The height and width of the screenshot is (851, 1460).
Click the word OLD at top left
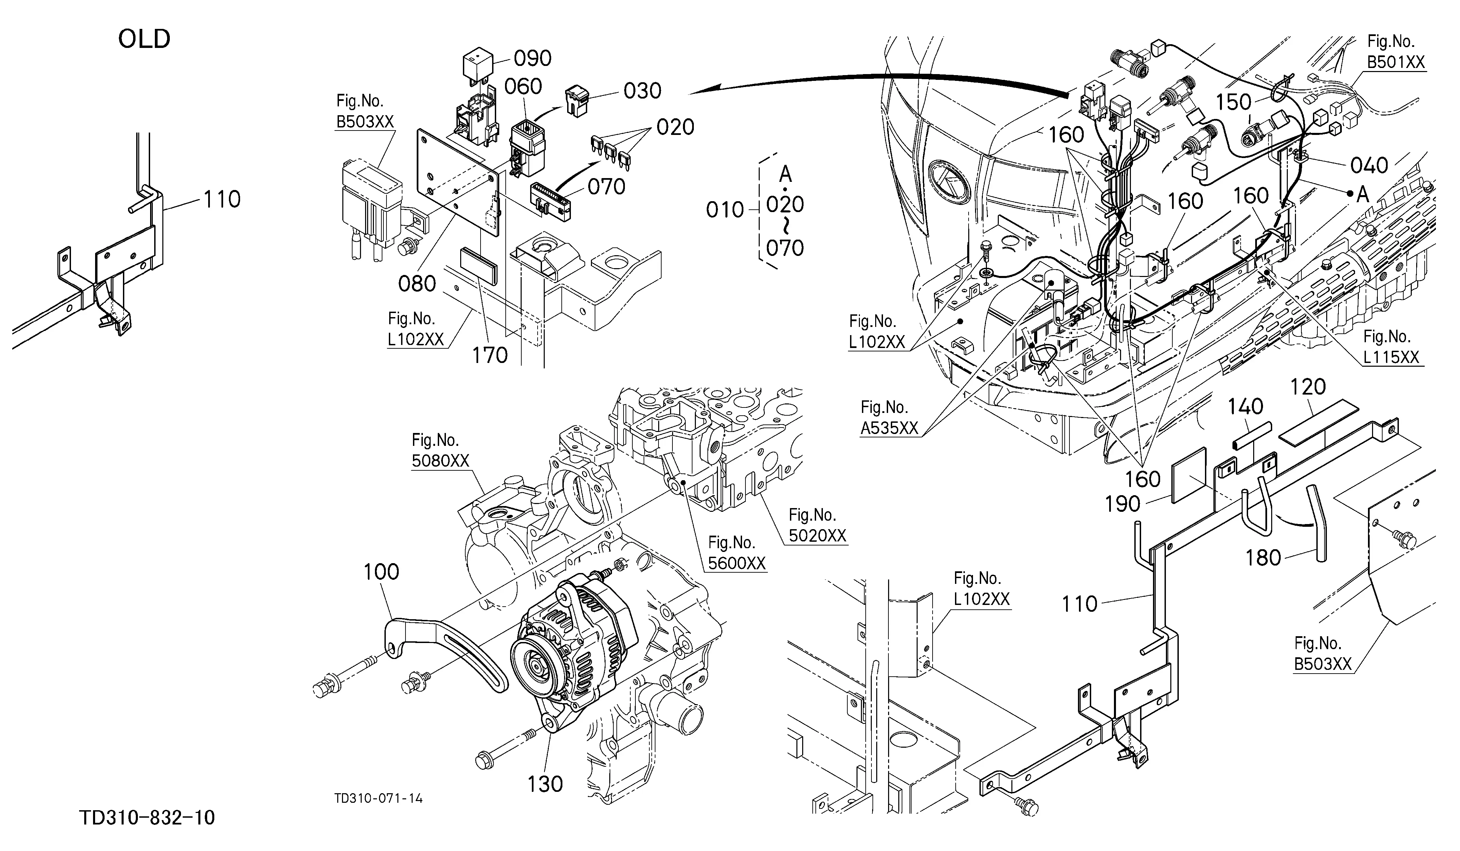[144, 39]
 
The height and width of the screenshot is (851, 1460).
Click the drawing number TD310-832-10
[147, 818]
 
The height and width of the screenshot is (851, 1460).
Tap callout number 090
[533, 58]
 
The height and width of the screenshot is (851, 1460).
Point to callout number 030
[643, 91]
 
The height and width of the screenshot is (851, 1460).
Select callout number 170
[490, 355]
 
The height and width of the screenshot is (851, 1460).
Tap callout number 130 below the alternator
[545, 784]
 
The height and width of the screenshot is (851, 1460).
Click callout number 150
[1233, 102]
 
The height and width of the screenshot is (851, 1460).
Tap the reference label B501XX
[1396, 62]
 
